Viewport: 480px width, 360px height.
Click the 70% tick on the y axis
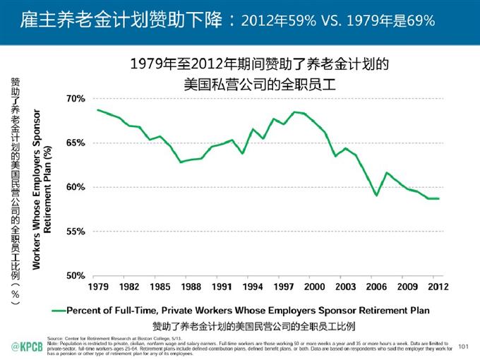(76, 99)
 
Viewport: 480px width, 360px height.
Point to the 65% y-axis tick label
(76, 143)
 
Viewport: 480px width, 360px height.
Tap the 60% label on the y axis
(76, 187)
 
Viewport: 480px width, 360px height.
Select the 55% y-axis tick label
(76, 232)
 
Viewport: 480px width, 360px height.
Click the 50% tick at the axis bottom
(76, 275)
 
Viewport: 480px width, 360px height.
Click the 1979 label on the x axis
(97, 287)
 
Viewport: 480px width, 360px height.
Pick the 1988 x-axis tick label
(190, 287)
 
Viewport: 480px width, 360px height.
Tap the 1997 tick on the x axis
(284, 287)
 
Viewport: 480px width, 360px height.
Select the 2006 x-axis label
(376, 287)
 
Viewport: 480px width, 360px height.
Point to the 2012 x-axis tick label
(438, 287)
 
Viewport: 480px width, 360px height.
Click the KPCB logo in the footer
(26, 345)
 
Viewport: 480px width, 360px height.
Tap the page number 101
(463, 346)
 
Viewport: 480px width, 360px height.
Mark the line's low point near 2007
(377, 195)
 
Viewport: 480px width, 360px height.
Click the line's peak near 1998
(294, 112)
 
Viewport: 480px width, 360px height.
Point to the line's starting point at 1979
(97, 110)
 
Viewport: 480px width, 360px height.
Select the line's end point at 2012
(438, 198)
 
